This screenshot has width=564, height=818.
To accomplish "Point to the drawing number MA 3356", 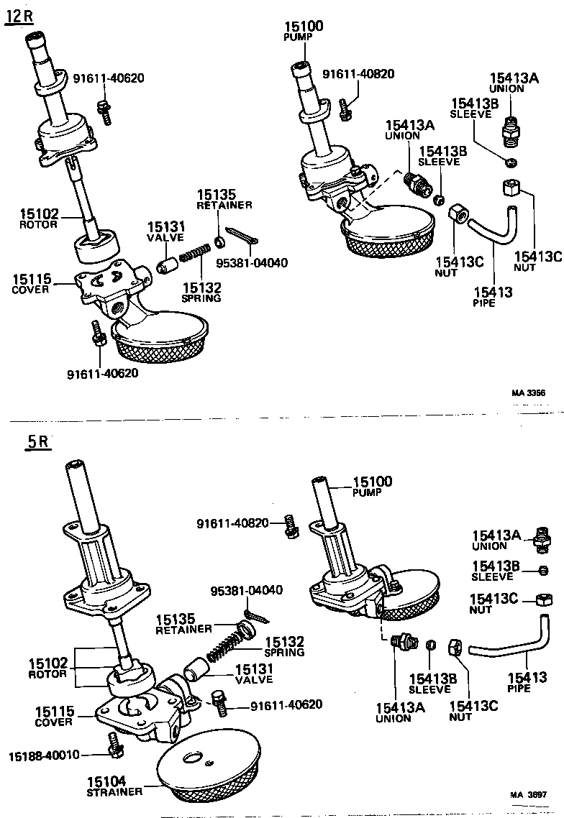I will coord(527,393).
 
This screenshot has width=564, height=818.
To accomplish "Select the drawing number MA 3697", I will coord(528,795).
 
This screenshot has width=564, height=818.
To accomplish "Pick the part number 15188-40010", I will coord(44,754).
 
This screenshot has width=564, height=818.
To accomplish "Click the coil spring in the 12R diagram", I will coord(194,253).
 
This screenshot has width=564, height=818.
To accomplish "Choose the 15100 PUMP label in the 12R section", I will coord(304,32).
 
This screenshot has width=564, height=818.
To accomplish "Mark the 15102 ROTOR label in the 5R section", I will coord(48,668).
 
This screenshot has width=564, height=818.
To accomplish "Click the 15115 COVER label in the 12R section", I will coord(30,282).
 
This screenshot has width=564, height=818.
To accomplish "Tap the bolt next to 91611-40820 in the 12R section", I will coord(346,108).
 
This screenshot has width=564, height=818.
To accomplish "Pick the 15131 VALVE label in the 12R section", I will coord(165,231).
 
